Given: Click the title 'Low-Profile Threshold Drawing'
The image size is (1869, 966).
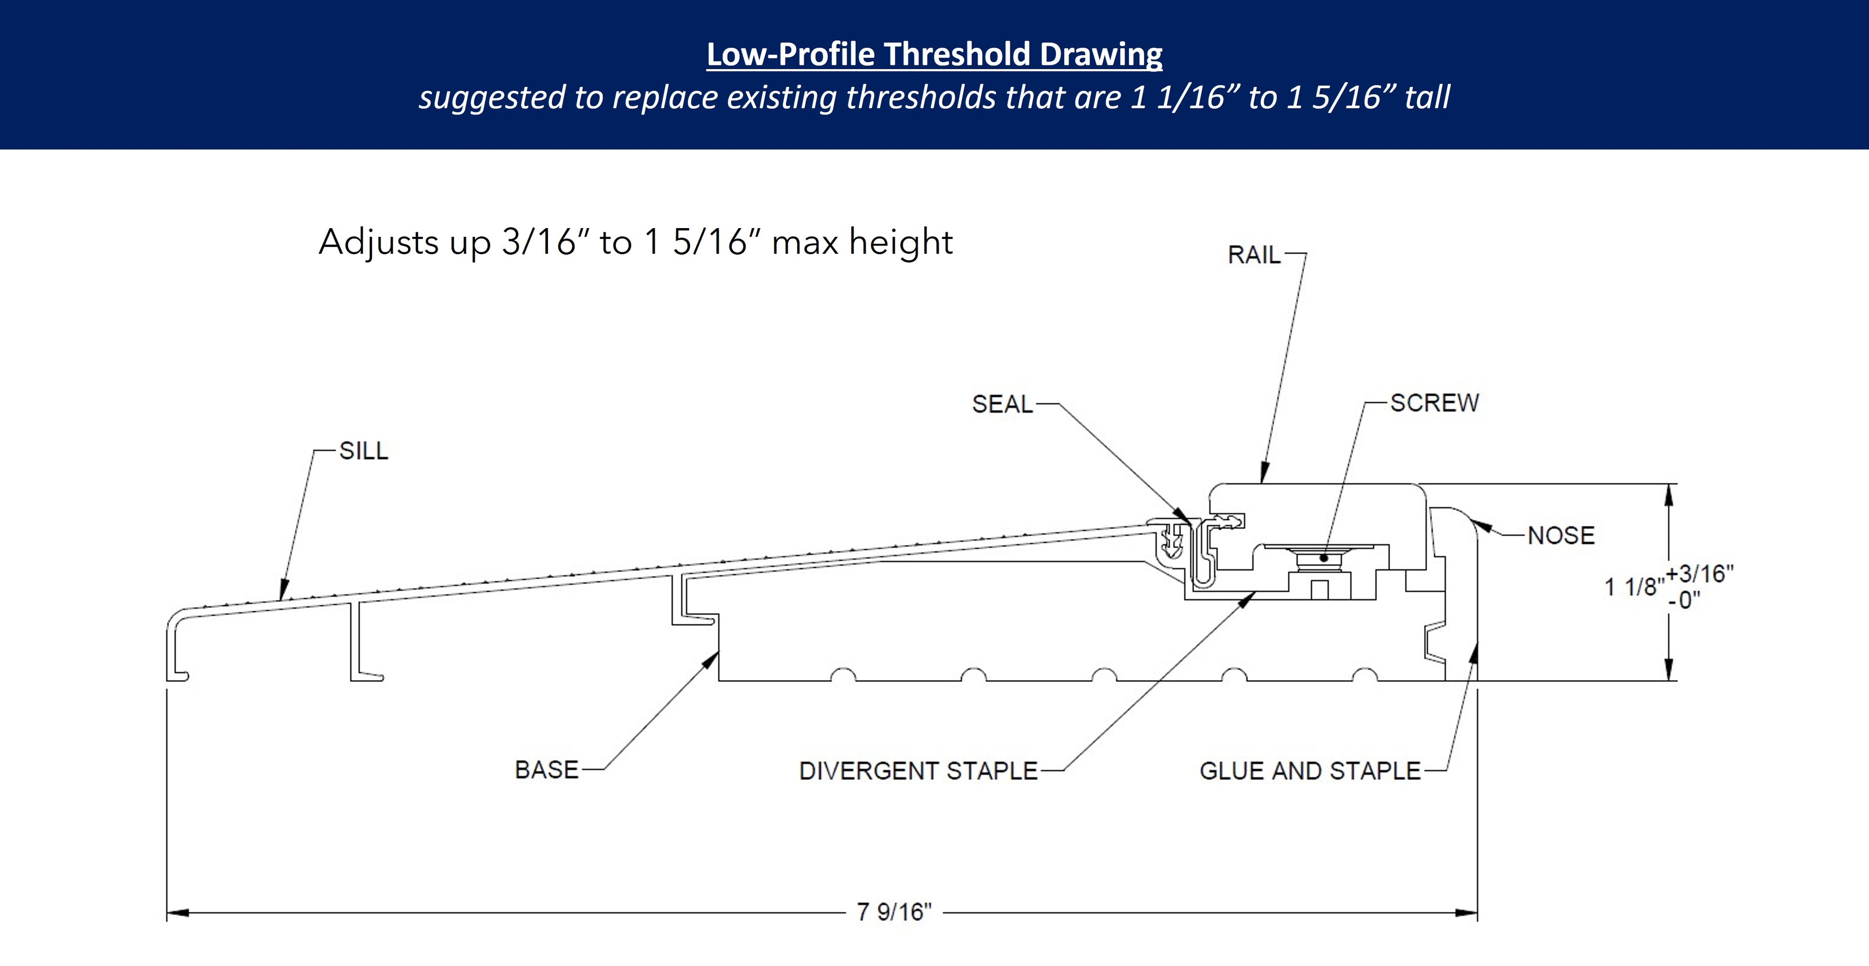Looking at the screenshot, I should coord(934,54).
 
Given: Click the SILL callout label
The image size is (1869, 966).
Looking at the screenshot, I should coord(364,451).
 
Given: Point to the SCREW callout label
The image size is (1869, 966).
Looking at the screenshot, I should coord(1434,402).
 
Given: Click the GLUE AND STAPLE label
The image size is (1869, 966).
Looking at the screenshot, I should coord(1310,770).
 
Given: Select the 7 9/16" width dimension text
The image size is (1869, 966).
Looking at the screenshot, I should coord(894,912).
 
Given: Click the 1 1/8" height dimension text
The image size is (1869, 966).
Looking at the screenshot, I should coord(1633,587).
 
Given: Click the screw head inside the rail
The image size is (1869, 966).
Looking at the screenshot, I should coord(1323,558).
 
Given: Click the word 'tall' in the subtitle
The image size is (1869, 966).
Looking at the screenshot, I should coord(1427,97).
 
